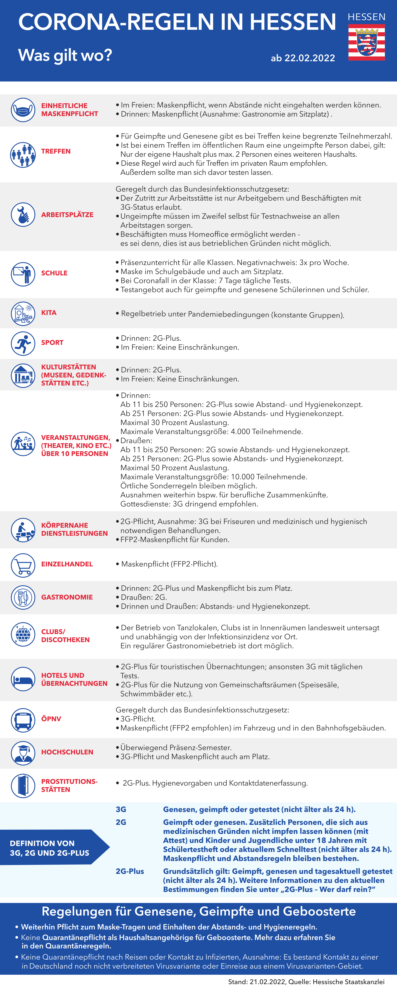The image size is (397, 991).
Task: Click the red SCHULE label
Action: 54,273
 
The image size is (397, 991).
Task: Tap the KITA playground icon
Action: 23,314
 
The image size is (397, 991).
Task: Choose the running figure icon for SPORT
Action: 23,343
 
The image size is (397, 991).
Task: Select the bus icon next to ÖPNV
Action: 23,719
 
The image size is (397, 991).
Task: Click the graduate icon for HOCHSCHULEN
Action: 23,753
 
